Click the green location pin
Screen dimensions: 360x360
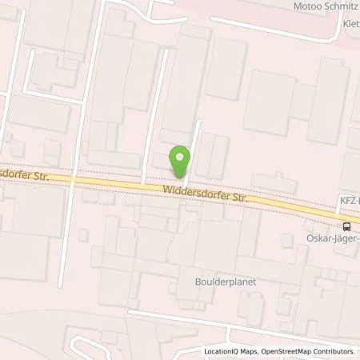181,161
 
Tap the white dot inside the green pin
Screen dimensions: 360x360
181,157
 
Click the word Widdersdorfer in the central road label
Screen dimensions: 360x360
190,191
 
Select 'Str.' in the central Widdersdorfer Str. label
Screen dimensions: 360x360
233,196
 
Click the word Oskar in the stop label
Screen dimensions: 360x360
319,238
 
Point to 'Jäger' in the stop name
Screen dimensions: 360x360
345,238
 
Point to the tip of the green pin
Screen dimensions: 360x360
181,178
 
